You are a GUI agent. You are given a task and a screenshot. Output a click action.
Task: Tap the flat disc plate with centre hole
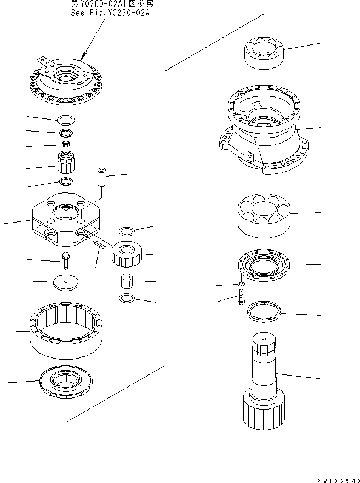click(65, 283)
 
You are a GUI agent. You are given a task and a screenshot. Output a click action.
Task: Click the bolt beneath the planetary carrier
click(66, 259)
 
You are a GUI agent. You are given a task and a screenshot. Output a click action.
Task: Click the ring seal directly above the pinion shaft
click(265, 314)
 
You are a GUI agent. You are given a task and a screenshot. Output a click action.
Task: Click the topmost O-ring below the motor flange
click(66, 120)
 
